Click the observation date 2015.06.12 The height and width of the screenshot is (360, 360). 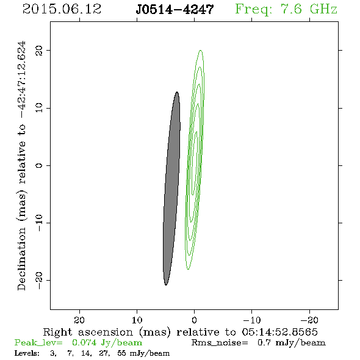point(62,9)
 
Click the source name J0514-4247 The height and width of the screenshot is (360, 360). point(175,10)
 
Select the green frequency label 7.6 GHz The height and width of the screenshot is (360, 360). point(309,9)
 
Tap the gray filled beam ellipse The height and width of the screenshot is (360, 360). point(171,189)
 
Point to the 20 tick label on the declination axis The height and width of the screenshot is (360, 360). point(39,51)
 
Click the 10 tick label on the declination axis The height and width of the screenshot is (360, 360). point(39,108)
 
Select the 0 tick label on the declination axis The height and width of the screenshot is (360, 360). point(39,165)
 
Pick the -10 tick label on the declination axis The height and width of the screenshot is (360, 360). point(39,223)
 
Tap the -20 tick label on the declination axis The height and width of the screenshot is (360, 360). point(39,280)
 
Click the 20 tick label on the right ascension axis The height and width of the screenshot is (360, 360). point(79,320)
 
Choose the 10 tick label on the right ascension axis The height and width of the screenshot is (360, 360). point(137,320)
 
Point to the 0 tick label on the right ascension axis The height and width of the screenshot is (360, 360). point(195,320)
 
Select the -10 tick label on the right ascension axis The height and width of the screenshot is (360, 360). point(252,320)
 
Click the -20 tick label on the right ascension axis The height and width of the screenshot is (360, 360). point(309,320)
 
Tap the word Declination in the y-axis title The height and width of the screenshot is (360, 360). point(21,259)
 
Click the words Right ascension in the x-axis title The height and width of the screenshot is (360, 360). point(88,332)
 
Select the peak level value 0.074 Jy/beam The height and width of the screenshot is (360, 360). point(107,343)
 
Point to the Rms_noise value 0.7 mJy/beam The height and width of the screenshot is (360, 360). point(292,343)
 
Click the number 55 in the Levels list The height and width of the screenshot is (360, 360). point(121,353)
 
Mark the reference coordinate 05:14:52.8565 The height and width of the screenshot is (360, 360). point(279,332)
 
